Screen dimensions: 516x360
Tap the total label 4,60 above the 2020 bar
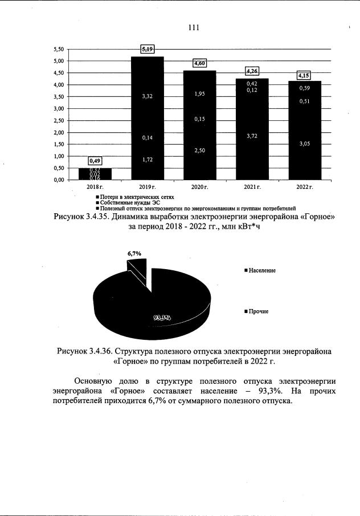[x=199, y=63]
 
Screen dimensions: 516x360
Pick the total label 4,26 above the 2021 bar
[x=252, y=71]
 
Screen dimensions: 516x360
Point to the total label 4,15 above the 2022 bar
[x=304, y=75]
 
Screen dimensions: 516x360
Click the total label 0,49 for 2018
[x=95, y=161]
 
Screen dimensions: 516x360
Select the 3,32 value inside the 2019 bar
[x=148, y=96]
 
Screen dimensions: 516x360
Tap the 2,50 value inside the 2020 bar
[x=199, y=149]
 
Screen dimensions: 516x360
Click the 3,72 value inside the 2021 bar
[x=252, y=136]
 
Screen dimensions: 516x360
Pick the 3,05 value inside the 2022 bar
[x=304, y=144]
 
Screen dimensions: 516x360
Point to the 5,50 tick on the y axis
[x=59, y=49]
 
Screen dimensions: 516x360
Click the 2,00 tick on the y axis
[x=59, y=132]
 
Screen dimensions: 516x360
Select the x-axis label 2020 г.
[x=199, y=187]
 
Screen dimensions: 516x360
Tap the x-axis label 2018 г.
[x=95, y=187]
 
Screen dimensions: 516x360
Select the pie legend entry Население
[x=262, y=270]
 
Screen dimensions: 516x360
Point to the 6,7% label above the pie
[x=134, y=253]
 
